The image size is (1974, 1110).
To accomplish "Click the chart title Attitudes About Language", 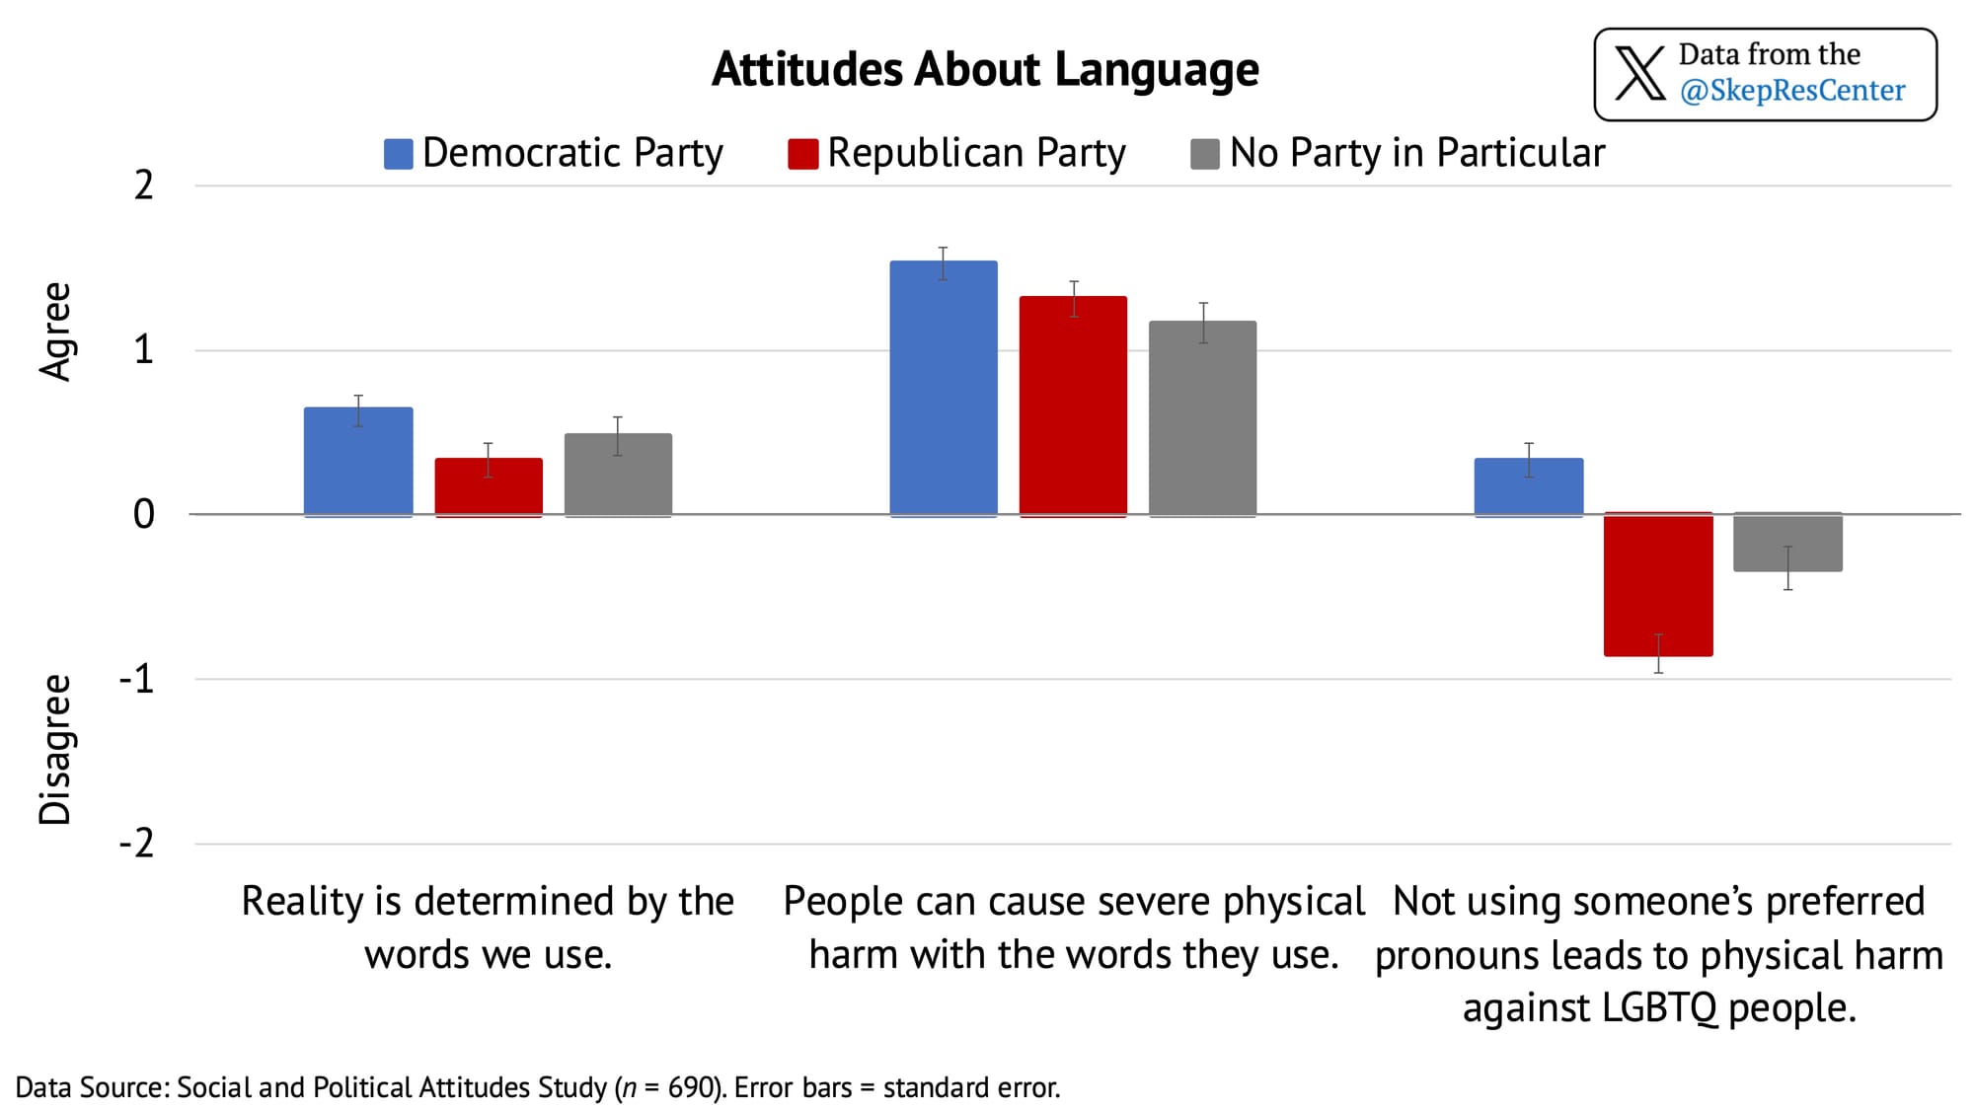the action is coord(985,70).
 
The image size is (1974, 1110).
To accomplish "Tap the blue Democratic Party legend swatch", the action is coord(398,154).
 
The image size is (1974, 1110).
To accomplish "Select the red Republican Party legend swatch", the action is coord(802,154).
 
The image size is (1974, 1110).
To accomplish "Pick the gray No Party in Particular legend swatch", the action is coord(1205,154).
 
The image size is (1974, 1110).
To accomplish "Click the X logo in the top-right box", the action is coord(1639,73).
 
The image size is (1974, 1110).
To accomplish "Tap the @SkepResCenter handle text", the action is coord(1792,91).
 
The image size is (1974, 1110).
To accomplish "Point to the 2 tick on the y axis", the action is coord(144,185).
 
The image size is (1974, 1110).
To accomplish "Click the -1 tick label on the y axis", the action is coord(137,679).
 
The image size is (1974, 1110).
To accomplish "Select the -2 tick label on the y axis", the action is coord(137,844).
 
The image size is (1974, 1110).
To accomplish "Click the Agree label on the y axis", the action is coord(56,332).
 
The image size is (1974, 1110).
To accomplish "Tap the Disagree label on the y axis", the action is coord(56,750).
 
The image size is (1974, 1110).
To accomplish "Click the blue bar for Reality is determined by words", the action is coord(358,462).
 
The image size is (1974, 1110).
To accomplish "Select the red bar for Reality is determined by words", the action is coord(489,487).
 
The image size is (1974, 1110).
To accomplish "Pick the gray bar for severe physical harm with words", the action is coord(1203,418).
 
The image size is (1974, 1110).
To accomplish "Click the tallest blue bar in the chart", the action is coord(944,389).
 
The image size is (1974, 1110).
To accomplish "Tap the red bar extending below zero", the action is coord(1658,584).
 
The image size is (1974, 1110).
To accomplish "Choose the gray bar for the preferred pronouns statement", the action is coord(1787,542).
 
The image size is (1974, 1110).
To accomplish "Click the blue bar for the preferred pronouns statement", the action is coord(1529,487).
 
